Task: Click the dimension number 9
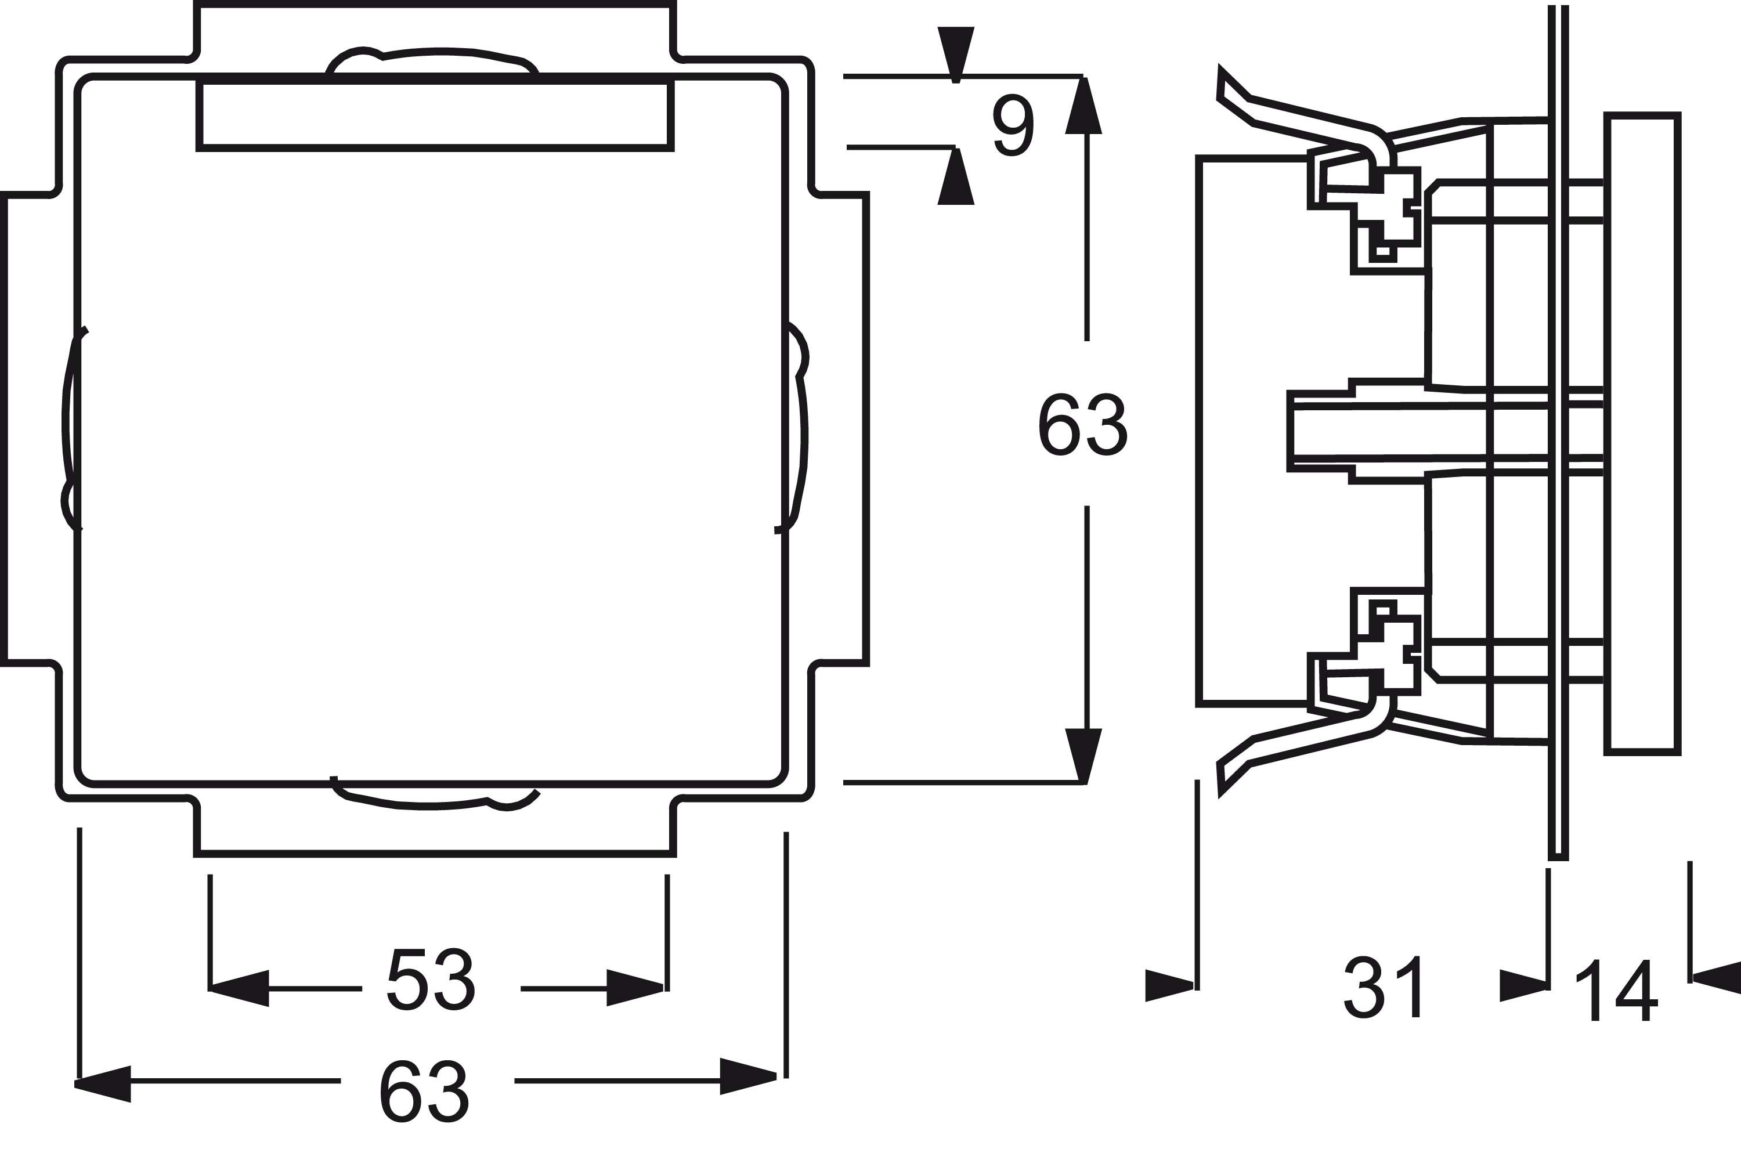(x=1014, y=125)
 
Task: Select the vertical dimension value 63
(x=1082, y=425)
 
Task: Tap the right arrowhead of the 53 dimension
(x=635, y=988)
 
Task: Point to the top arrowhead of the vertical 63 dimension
(x=1083, y=106)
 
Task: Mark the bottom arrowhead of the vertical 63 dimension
(x=1083, y=756)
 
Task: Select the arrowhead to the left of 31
(x=1169, y=985)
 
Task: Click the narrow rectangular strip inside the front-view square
(x=435, y=114)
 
